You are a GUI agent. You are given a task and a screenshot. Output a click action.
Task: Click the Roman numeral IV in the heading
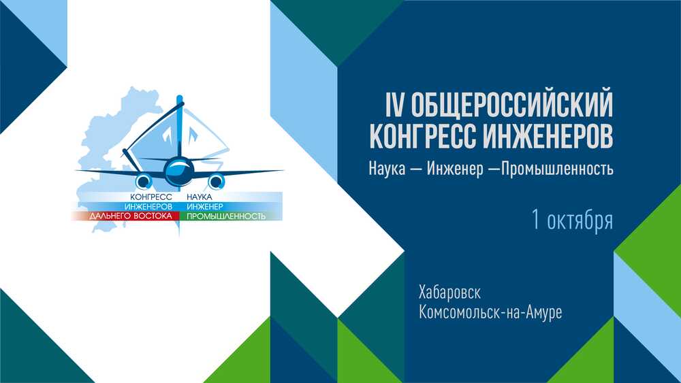(x=395, y=105)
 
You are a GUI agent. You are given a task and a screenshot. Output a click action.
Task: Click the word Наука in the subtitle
(x=387, y=168)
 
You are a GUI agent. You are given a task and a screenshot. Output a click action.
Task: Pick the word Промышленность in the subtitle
(x=557, y=169)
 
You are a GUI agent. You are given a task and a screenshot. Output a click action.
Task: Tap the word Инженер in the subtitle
(x=455, y=169)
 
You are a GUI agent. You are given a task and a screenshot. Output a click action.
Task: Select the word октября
(x=580, y=220)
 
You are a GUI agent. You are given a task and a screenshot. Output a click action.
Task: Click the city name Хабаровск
(x=449, y=293)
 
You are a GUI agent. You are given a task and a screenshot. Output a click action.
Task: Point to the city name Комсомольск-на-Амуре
(x=490, y=312)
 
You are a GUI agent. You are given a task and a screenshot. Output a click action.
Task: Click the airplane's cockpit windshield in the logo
(x=179, y=166)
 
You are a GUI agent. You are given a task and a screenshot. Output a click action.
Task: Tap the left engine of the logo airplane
(x=144, y=181)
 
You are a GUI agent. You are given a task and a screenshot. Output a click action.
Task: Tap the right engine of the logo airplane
(x=216, y=181)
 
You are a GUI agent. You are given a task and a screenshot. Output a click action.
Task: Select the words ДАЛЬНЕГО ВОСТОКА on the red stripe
(x=131, y=216)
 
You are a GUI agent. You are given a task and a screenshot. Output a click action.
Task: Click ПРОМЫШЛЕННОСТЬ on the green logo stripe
(x=226, y=216)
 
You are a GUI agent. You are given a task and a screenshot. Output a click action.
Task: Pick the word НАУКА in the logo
(x=200, y=197)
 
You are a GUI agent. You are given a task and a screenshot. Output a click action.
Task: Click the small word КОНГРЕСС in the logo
(x=151, y=197)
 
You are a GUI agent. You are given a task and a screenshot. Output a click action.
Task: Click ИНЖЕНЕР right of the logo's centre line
(x=204, y=206)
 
